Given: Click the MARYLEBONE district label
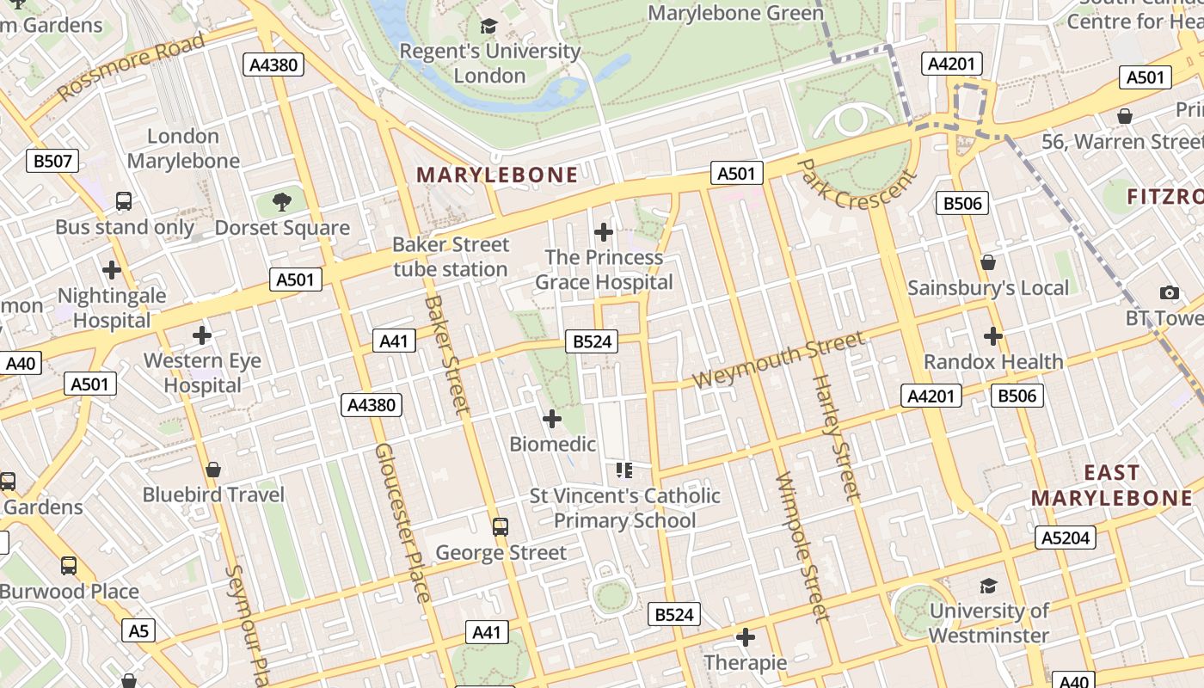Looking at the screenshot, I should tap(497, 175).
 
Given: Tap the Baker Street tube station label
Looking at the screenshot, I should tap(451, 256).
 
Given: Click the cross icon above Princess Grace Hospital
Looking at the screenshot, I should tap(604, 231).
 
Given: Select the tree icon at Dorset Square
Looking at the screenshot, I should tap(281, 203).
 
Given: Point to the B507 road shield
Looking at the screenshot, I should tap(52, 161).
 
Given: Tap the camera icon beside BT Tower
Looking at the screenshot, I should tap(1169, 293).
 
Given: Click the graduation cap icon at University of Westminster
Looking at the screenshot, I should tap(988, 587).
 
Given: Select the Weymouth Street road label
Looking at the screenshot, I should tap(778, 359).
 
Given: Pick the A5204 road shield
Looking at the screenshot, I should tap(1066, 537).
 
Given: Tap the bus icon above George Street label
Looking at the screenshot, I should tap(500, 526).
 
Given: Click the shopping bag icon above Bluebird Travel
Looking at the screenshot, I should tap(213, 470).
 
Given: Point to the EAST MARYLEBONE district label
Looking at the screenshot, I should tap(1111, 485).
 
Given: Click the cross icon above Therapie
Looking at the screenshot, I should tap(746, 637).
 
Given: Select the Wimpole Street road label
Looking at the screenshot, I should tap(802, 546).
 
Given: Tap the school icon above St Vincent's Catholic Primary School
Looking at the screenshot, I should tap(624, 470).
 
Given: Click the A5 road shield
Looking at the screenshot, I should tap(138, 630).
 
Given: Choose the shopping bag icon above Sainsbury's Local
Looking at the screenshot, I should tap(988, 262).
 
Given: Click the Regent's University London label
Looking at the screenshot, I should tap(490, 63).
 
